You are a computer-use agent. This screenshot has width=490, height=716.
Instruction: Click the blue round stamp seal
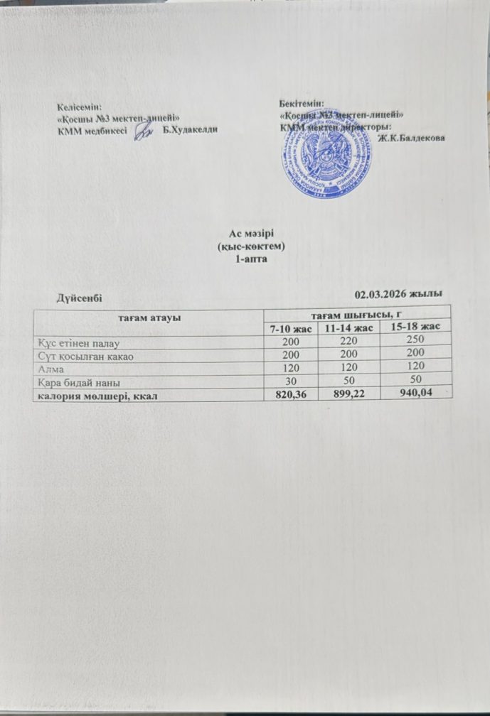pos(327,158)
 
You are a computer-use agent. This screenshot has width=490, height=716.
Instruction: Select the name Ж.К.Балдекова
pos(412,138)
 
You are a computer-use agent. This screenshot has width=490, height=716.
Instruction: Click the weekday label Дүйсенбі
pos(82,297)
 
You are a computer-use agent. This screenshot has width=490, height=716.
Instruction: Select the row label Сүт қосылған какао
pos(86,355)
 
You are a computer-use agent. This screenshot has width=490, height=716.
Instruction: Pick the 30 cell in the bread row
pos(289,381)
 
